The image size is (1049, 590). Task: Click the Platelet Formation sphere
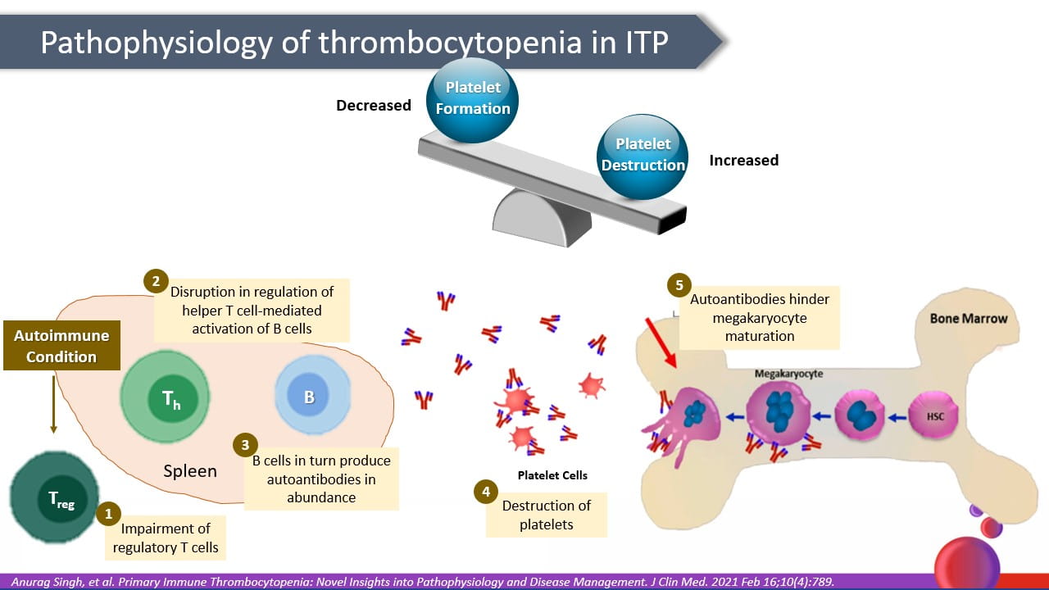pyautogui.click(x=472, y=98)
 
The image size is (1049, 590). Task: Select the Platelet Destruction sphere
pyautogui.click(x=643, y=156)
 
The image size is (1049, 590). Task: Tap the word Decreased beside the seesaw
pyautogui.click(x=374, y=105)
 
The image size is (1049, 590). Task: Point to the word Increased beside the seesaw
pyautogui.click(x=743, y=160)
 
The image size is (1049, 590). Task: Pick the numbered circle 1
pyautogui.click(x=107, y=514)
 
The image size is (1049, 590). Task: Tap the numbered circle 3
pyautogui.click(x=244, y=445)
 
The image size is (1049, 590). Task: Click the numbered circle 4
pyautogui.click(x=486, y=492)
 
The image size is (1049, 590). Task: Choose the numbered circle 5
pyautogui.click(x=678, y=286)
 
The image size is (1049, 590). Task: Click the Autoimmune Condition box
pyautogui.click(x=61, y=346)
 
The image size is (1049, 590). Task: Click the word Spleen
pyautogui.click(x=190, y=471)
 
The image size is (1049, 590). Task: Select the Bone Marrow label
pyautogui.click(x=968, y=318)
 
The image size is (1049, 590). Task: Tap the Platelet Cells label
pyautogui.click(x=552, y=475)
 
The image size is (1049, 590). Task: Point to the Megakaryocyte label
pyautogui.click(x=788, y=374)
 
